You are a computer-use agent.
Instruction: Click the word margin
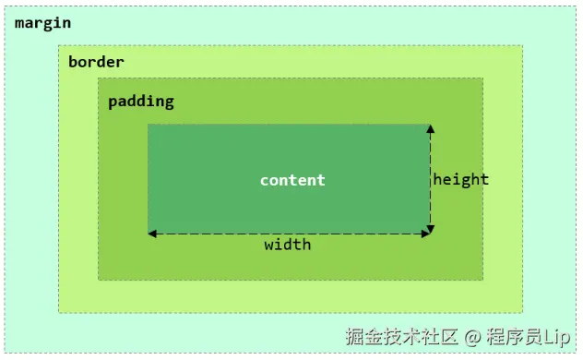(x=42, y=22)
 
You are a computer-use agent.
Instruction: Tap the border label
(x=96, y=62)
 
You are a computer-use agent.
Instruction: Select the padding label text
(x=140, y=101)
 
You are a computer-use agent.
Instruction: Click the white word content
(x=292, y=180)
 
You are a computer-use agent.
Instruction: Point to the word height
(x=460, y=179)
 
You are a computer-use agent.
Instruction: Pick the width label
(x=288, y=245)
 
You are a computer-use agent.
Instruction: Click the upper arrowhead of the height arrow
(x=431, y=129)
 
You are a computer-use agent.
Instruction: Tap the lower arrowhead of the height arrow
(x=431, y=228)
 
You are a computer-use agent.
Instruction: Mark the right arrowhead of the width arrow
(x=425, y=234)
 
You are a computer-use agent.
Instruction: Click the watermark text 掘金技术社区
(x=401, y=338)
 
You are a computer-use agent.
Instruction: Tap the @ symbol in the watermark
(x=470, y=338)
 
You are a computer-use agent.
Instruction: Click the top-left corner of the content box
(x=149, y=125)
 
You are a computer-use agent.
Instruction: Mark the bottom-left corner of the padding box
(x=99, y=279)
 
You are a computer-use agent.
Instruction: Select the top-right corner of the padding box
(x=482, y=78)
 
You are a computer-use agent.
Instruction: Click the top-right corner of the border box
(x=523, y=45)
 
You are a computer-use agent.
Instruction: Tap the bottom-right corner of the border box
(x=523, y=312)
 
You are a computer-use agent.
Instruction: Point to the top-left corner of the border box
(x=59, y=45)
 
